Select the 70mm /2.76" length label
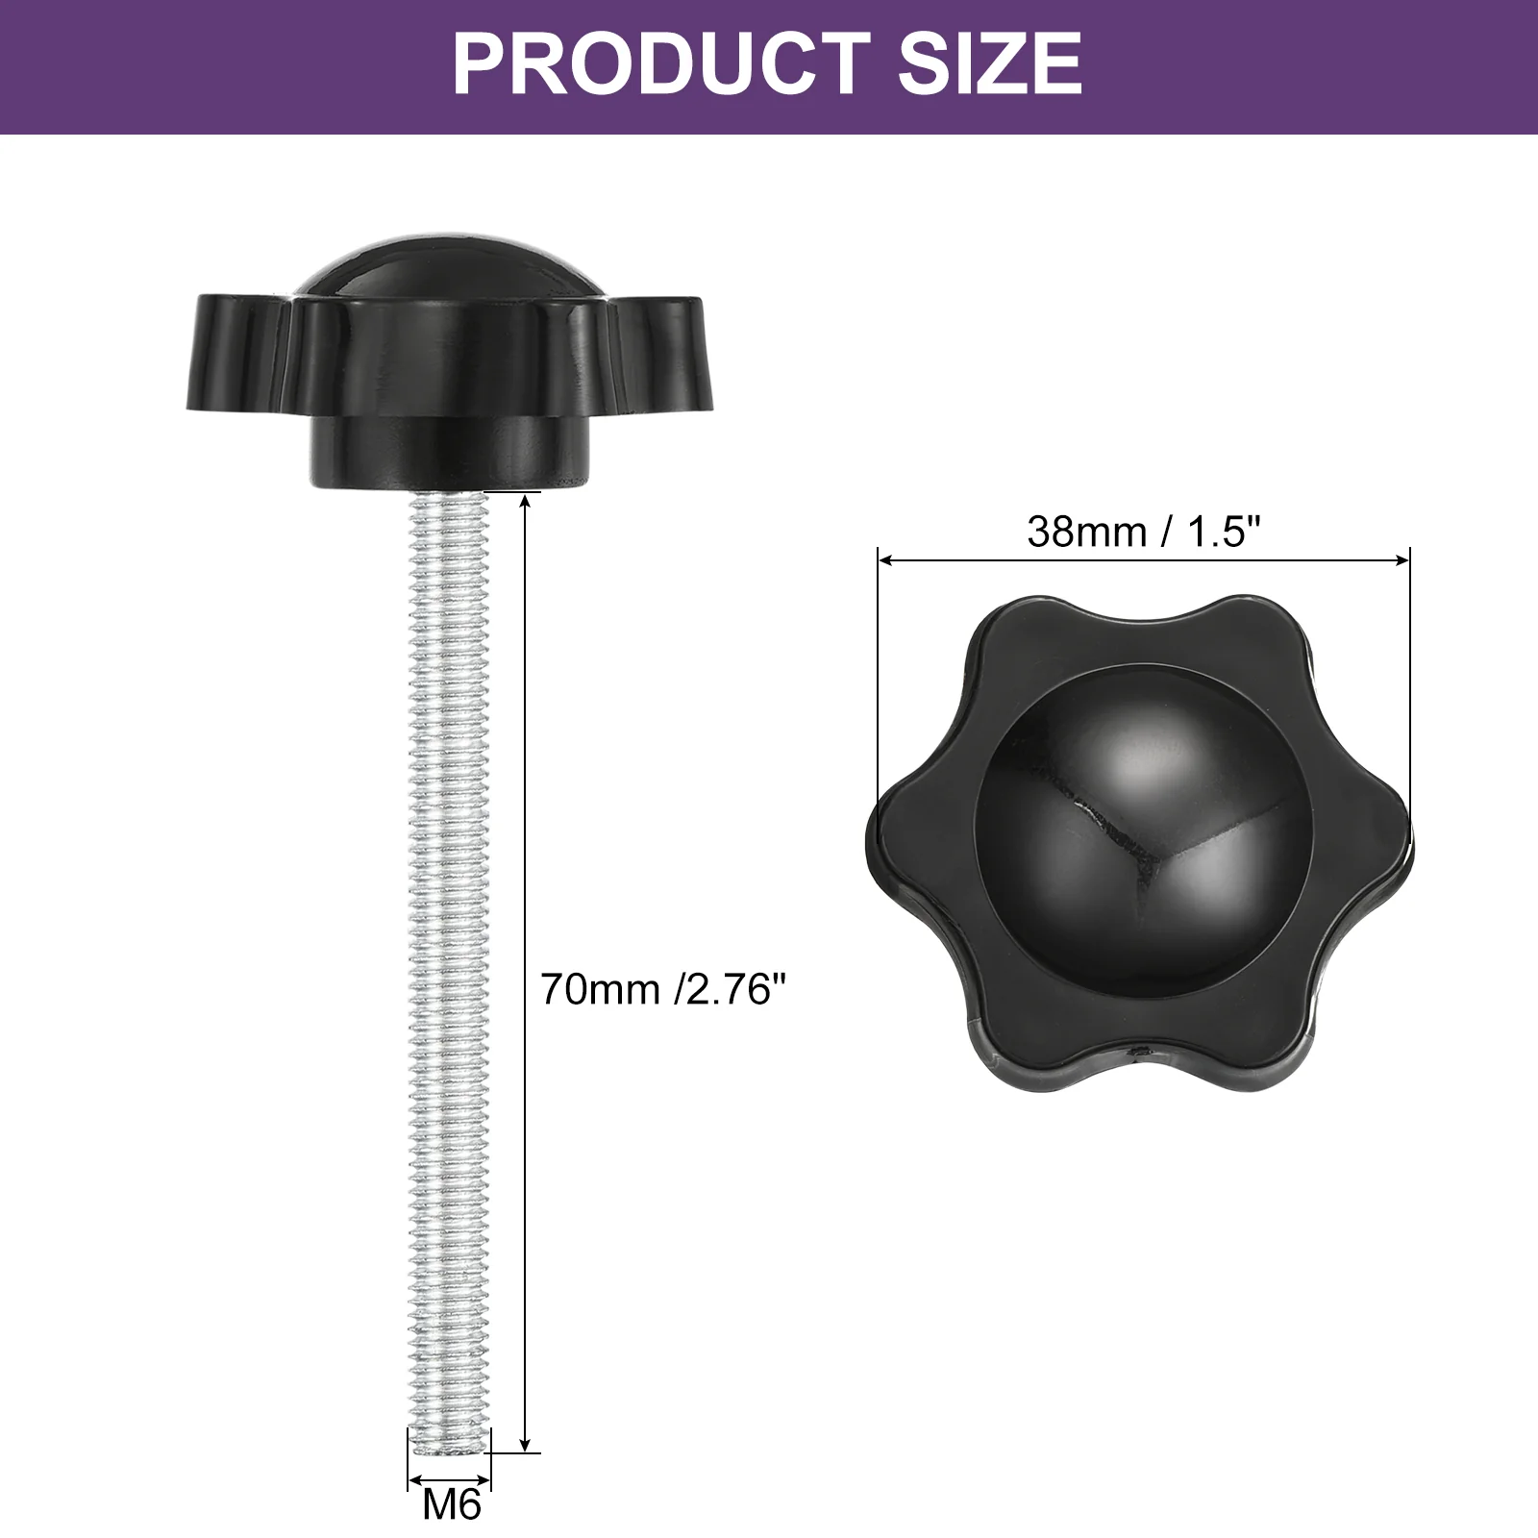662,989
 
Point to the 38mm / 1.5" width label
1143,532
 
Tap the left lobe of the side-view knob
240,351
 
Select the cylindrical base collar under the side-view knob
448,453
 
